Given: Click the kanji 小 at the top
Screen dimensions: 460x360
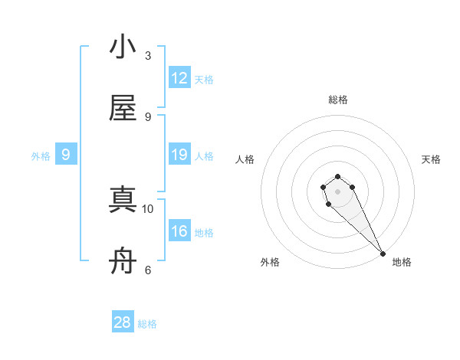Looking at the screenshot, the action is pos(123,47).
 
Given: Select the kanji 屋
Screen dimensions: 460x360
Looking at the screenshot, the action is pos(123,109).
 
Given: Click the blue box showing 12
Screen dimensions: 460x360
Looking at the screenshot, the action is pos(179,78).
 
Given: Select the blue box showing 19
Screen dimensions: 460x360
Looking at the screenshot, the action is pos(179,155).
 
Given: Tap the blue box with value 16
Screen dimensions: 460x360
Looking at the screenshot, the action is pos(179,231).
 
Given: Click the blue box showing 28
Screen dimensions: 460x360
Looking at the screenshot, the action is pos(123,322).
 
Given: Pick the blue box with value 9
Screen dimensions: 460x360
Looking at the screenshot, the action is pos(66,155).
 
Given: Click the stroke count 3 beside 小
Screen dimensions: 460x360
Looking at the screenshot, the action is pos(148,56).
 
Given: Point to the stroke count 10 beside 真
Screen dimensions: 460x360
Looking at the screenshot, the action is pos(148,208).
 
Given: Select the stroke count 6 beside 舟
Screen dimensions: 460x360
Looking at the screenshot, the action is pos(148,270).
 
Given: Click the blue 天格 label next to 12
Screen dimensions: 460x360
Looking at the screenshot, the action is pos(204,80).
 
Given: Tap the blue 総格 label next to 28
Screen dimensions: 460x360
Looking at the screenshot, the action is pos(147,324).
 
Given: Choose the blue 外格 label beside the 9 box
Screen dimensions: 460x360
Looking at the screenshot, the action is pos(41,156).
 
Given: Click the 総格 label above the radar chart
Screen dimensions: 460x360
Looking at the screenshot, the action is pos(338,100).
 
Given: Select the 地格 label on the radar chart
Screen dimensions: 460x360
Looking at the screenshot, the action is pos(402,262).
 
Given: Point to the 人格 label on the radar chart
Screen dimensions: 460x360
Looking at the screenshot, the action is pos(245,159).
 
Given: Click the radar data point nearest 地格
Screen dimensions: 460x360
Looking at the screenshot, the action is pos(383,254).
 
